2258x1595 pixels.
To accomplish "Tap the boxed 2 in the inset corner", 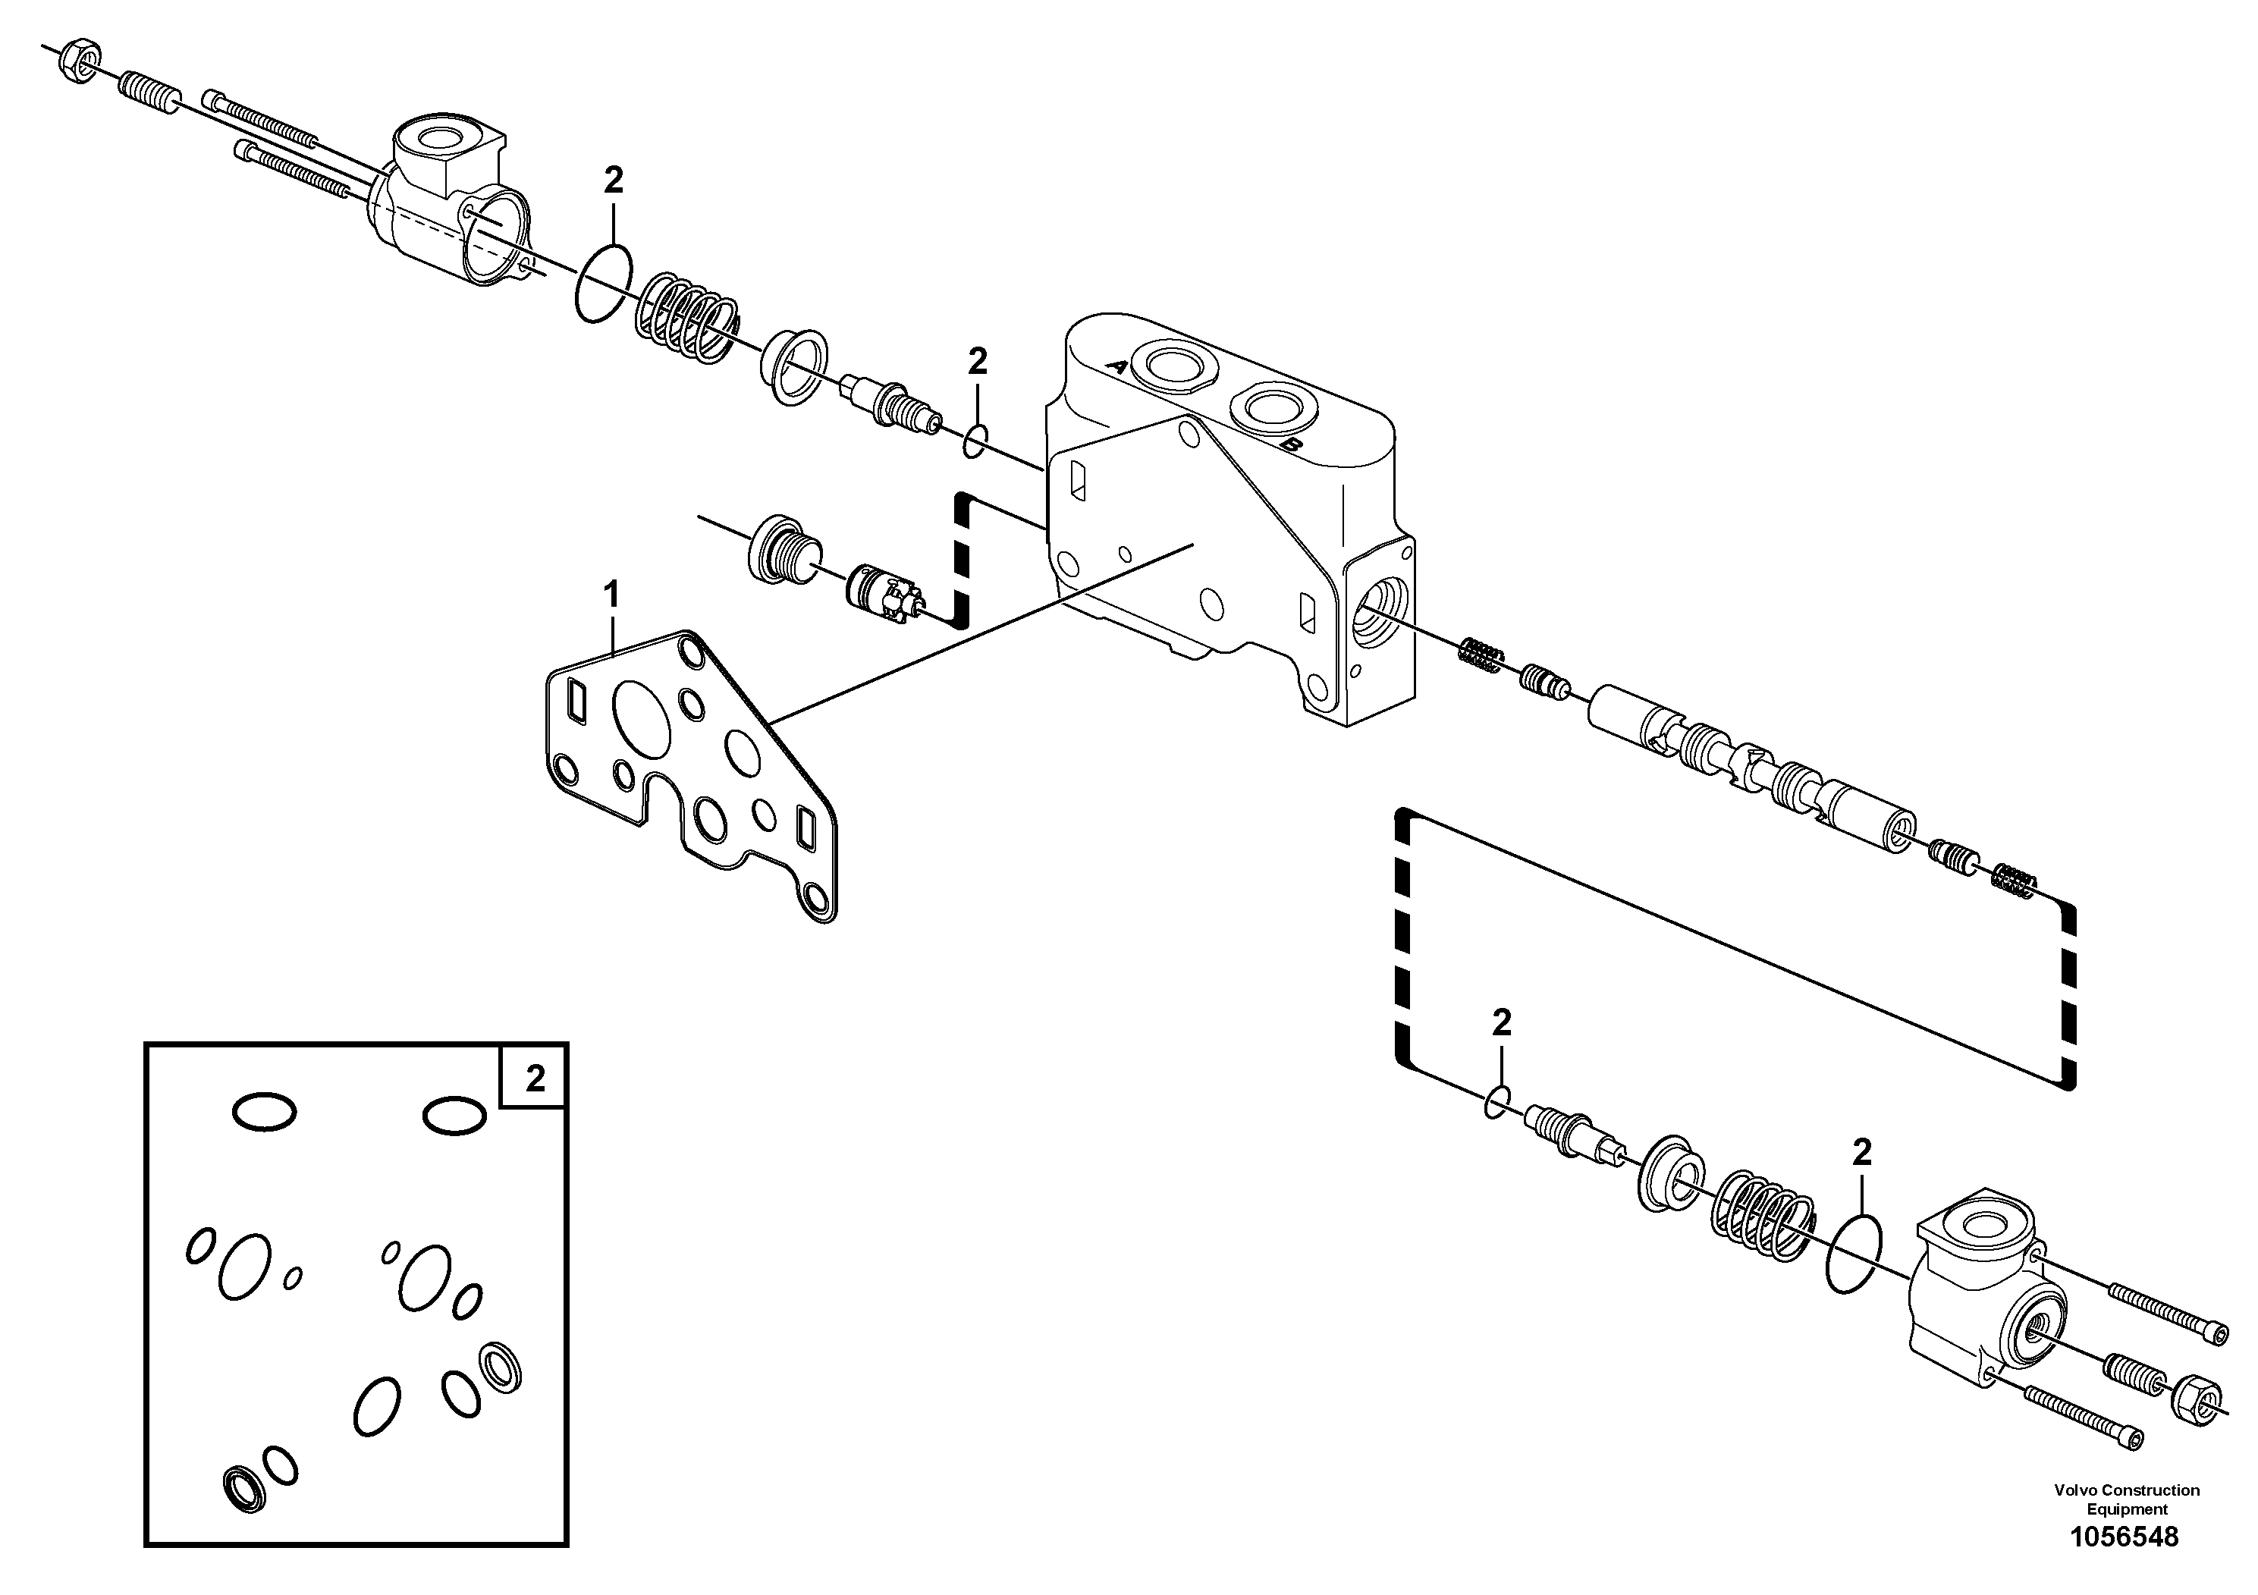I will (x=535, y=1079).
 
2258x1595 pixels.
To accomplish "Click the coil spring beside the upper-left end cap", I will (x=686, y=318).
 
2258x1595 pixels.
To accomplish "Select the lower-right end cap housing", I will (x=1986, y=1297).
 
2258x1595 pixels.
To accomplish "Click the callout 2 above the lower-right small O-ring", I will (x=1501, y=1024).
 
